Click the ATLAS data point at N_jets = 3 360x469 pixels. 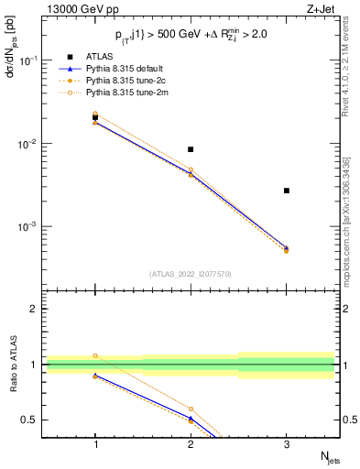coord(287,191)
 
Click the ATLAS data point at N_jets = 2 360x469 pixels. coord(191,149)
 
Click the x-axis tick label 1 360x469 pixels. coord(95,443)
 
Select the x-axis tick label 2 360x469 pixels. coord(191,443)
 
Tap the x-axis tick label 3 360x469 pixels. coord(287,443)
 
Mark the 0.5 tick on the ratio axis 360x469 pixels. coord(35,420)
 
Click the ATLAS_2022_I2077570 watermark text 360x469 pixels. coord(191,273)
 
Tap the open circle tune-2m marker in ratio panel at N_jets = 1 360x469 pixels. coord(95,355)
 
